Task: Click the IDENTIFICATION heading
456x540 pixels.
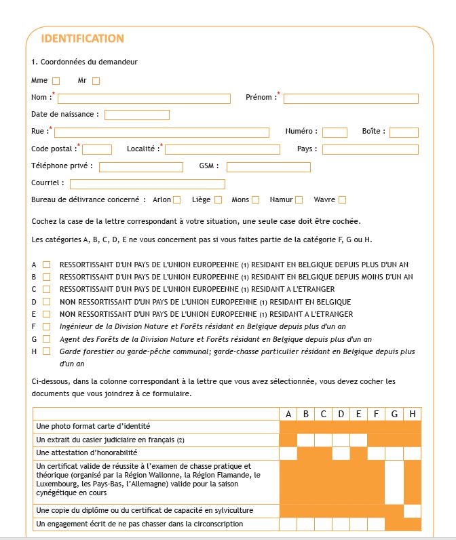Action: (82, 39)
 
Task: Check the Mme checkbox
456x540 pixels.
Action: (56, 81)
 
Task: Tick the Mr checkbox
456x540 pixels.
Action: (96, 81)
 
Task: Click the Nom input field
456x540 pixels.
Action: (144, 98)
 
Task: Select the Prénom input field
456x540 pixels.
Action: (351, 98)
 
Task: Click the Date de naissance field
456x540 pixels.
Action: (136, 115)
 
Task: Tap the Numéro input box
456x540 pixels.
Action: (335, 132)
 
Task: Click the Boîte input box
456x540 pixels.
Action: (404, 132)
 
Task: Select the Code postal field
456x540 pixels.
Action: (97, 149)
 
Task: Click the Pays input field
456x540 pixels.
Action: (370, 149)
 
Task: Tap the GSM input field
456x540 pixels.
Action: (268, 167)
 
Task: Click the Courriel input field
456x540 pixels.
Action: (147, 184)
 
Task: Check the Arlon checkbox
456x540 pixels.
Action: (176, 200)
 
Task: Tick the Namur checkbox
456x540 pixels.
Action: (299, 200)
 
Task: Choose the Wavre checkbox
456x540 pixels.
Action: (342, 200)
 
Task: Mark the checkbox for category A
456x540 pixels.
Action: (47, 265)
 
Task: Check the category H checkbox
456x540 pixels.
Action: (47, 351)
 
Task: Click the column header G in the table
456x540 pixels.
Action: (394, 414)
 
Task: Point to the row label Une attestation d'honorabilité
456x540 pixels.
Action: (87, 452)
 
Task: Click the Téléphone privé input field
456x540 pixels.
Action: (141, 167)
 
